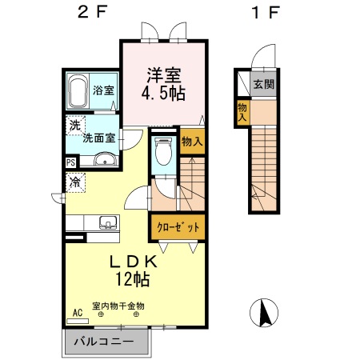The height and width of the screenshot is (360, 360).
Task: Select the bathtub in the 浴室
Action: coord(78,92)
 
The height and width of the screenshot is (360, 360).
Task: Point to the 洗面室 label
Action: coord(99,137)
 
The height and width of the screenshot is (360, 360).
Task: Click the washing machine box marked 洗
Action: coord(74,126)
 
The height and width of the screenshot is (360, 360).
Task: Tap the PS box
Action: coord(71,161)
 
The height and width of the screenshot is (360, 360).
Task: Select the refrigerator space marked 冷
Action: coord(74,182)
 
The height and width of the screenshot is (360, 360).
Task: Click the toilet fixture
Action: coord(163,151)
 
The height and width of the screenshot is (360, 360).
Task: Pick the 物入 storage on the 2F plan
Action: coord(190,141)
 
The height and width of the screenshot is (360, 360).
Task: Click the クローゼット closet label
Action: coord(177,228)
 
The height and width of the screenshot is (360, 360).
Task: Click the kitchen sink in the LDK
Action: coord(107,222)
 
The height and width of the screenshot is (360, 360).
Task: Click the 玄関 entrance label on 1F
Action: coord(263,83)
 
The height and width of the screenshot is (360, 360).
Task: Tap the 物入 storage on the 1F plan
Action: coord(242,111)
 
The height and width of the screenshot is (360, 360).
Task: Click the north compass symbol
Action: coord(264,313)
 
